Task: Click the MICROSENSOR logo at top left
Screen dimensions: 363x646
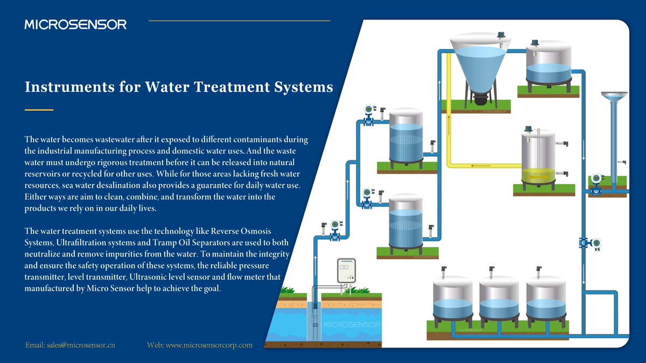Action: pyautogui.click(x=75, y=24)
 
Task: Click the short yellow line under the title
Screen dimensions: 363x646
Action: pyautogui.click(x=39, y=110)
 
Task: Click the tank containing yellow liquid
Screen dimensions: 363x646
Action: pyautogui.click(x=538, y=159)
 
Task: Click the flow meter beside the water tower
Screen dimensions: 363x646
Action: pyautogui.click(x=596, y=183)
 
